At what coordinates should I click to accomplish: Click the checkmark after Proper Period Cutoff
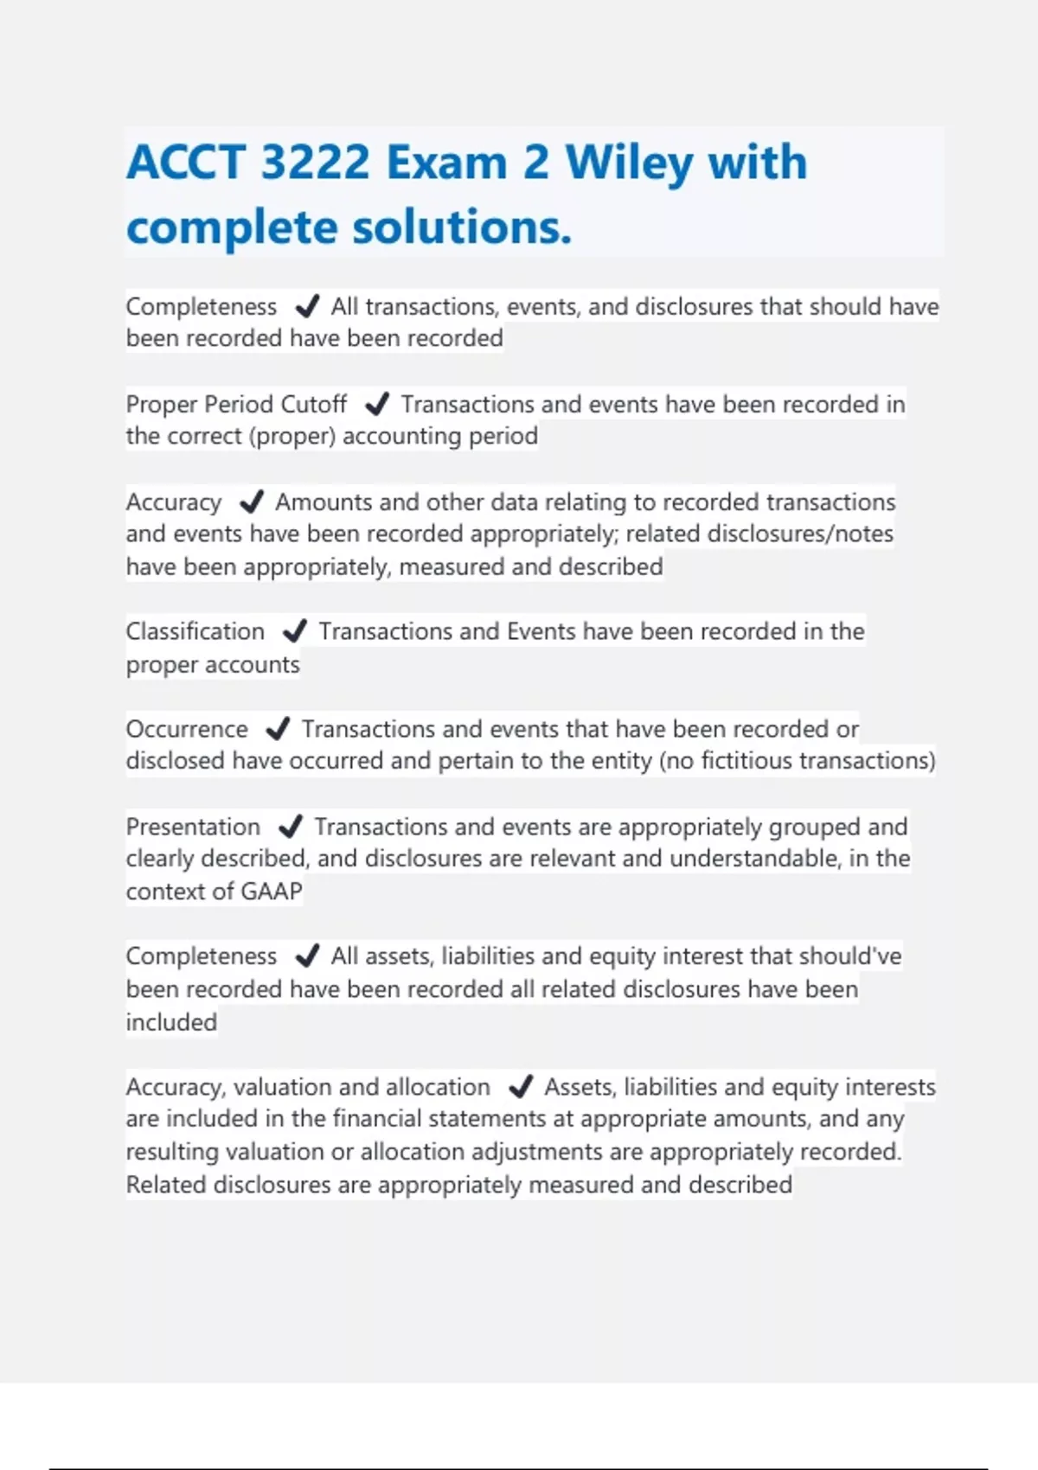376,404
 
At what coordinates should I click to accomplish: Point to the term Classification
195,631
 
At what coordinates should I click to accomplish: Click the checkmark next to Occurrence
277,729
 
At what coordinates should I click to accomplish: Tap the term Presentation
193,827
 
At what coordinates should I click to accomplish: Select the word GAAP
272,891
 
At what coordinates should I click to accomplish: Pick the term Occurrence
187,729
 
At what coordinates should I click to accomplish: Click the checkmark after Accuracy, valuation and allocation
520,1086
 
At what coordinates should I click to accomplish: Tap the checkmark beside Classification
294,631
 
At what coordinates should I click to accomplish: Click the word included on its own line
171,1022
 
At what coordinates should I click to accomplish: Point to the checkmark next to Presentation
290,827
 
